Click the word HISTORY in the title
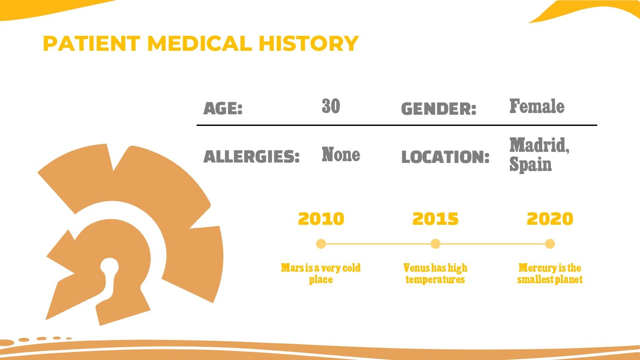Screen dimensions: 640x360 308,44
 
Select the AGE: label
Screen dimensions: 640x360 223,108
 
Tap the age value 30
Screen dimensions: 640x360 331,106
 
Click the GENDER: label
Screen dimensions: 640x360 439,109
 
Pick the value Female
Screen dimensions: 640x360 537,106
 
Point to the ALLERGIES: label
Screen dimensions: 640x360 251,157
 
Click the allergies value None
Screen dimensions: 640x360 341,154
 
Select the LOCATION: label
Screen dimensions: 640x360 445,157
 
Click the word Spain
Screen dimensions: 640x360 531,165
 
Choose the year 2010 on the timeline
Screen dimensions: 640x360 321,219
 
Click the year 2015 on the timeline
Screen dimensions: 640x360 436,219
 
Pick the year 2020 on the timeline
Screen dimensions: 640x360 550,219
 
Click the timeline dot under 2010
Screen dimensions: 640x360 321,244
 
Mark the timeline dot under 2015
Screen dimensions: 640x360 436,244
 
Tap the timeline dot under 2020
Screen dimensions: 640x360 550,244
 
